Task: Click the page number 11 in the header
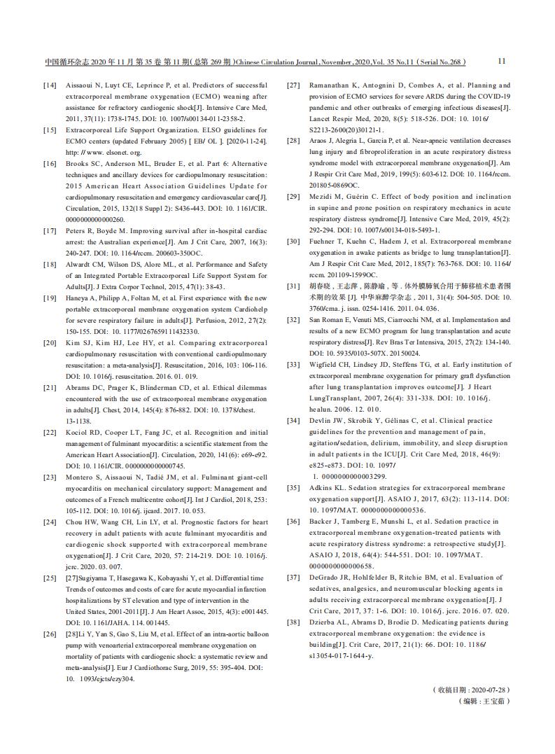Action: [502, 61]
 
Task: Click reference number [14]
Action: [50, 85]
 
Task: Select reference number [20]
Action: [50, 343]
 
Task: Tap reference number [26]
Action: [50, 634]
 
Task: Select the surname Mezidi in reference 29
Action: [323, 196]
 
